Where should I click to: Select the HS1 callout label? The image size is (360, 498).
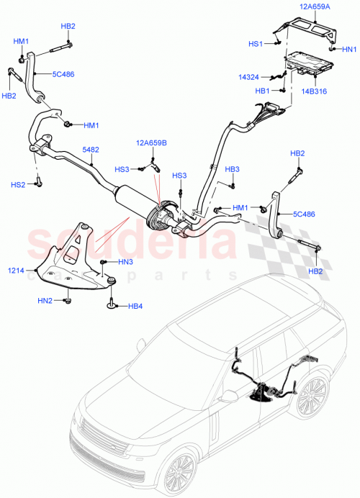click(256, 44)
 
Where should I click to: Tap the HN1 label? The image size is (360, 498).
click(348, 49)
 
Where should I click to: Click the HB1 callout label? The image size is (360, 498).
click(263, 91)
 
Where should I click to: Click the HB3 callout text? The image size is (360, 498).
click(232, 169)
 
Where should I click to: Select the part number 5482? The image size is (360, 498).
click(91, 150)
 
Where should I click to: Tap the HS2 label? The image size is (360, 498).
click(19, 185)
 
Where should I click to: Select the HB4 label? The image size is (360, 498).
click(135, 307)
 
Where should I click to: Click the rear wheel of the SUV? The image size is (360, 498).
click(311, 398)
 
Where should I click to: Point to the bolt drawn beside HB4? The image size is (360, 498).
click(112, 306)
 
